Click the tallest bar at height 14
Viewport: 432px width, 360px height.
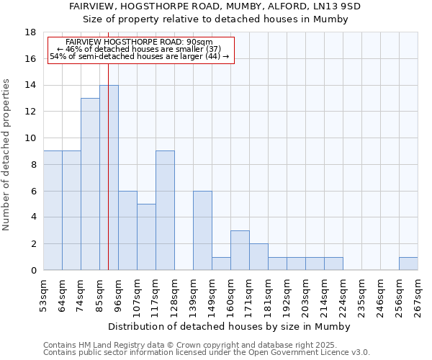point(109,178)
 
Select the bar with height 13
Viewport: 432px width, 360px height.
point(90,184)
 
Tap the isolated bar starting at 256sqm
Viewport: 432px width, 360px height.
point(408,264)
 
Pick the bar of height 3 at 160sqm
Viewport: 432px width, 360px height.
point(240,251)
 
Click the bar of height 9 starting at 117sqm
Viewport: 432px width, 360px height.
point(165,210)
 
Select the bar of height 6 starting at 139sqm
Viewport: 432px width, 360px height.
point(202,230)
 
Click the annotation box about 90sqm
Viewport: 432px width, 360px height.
point(141,50)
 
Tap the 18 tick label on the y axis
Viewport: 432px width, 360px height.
point(30,32)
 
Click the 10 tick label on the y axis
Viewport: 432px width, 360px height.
point(30,138)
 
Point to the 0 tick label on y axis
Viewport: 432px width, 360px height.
point(32,271)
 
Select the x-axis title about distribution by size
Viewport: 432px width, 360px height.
point(230,326)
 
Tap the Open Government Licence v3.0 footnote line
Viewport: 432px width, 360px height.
point(207,353)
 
